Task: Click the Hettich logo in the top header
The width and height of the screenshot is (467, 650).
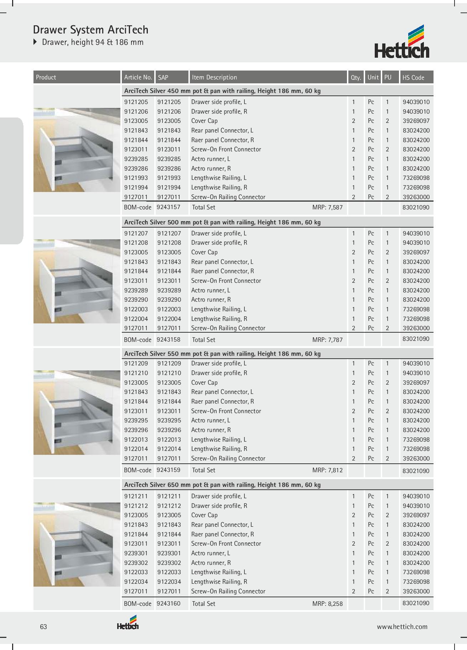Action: (x=401, y=42)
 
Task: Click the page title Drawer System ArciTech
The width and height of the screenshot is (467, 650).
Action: (x=90, y=30)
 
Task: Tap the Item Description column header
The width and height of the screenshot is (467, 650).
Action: (x=214, y=77)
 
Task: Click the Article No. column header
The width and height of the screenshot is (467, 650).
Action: (x=138, y=77)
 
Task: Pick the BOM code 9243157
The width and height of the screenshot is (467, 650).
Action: (x=168, y=207)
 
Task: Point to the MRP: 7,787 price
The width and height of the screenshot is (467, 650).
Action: (x=327, y=340)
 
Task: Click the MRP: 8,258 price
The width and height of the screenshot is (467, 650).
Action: (x=327, y=604)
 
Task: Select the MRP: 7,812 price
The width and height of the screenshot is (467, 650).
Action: (x=327, y=470)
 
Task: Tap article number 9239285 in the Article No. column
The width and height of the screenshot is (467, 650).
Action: (x=136, y=159)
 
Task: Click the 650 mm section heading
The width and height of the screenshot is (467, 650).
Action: (x=222, y=485)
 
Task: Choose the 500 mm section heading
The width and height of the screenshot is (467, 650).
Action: (x=222, y=222)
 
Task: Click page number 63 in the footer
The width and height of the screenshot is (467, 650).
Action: (x=43, y=627)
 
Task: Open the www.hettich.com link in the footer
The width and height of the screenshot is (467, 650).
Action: (x=402, y=627)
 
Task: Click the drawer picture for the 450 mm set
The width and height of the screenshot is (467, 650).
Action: (x=77, y=150)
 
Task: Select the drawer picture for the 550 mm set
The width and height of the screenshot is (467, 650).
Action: (x=77, y=412)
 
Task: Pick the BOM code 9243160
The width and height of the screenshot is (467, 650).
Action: (x=168, y=604)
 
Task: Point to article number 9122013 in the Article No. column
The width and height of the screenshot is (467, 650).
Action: (x=136, y=440)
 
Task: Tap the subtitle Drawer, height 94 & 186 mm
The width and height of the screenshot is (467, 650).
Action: (x=93, y=42)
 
